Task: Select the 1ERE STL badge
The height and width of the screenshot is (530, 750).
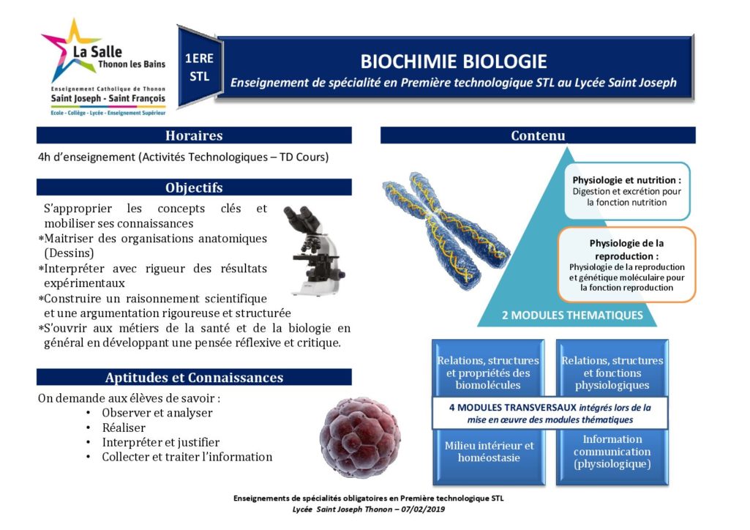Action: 199,67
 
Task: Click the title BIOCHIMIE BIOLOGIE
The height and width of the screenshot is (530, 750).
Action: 454,61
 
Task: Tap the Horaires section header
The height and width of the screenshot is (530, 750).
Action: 194,135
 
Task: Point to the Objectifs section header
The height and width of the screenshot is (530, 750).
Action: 194,187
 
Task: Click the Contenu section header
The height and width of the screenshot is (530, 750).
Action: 538,135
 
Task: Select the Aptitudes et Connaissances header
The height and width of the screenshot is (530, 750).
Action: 194,378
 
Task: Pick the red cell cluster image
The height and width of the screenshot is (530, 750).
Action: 360,438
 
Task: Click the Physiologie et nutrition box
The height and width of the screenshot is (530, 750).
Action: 627,191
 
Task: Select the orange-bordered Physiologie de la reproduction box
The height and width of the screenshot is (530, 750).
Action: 626,264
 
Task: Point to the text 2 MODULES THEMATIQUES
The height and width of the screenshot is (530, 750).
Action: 572,316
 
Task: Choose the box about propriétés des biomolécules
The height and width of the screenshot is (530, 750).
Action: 488,368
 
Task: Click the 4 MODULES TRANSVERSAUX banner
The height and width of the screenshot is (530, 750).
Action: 550,414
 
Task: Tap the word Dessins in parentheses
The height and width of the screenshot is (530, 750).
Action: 69,253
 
